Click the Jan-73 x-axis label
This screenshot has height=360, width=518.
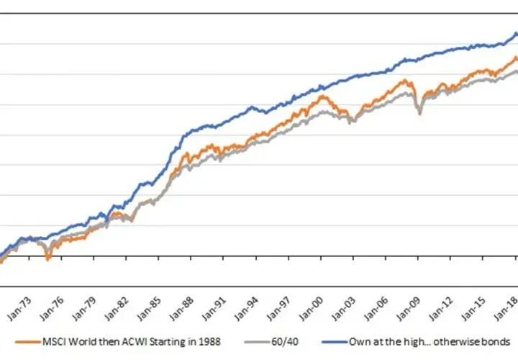[x=19, y=309]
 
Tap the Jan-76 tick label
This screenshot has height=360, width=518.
[x=52, y=309]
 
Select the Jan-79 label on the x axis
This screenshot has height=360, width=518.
[x=84, y=309]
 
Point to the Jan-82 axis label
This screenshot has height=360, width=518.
[x=117, y=309]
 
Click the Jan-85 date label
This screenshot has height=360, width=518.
[x=149, y=309]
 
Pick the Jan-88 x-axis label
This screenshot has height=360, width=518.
[x=181, y=309]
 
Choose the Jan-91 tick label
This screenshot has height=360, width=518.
[x=214, y=309]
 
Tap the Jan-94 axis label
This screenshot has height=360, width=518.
[x=247, y=309]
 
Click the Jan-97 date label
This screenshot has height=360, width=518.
[x=279, y=309]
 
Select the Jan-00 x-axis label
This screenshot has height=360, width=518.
[x=312, y=309]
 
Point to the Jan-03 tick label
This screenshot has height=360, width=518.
[x=344, y=309]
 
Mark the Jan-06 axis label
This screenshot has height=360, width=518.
[x=376, y=309]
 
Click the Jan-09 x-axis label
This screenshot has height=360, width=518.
[x=409, y=309]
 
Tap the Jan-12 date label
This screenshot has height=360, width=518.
[x=441, y=309]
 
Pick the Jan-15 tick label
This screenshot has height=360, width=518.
[x=473, y=309]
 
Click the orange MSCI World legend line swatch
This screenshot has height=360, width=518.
[x=28, y=342]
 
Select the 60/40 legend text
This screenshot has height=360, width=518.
[x=285, y=342]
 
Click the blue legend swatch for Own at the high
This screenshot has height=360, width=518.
[x=335, y=342]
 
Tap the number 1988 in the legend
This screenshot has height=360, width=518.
[x=209, y=342]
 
